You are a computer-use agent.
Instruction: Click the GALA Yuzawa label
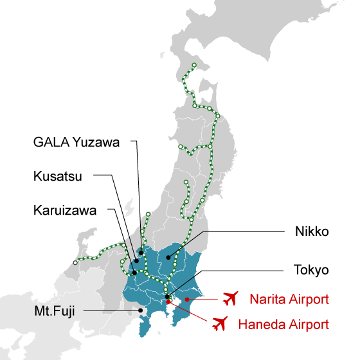(x=76, y=143)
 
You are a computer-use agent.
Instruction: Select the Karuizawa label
(x=66, y=210)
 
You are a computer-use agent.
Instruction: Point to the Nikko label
(x=311, y=231)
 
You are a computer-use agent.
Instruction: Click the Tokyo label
(x=311, y=269)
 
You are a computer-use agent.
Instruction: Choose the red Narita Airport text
(x=289, y=299)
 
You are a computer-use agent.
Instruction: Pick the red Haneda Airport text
(x=283, y=323)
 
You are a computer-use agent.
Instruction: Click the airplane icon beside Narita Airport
(x=230, y=298)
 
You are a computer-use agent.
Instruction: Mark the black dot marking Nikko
(x=169, y=258)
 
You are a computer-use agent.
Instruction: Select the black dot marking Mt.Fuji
(x=141, y=310)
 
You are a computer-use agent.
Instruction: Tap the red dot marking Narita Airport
(x=186, y=299)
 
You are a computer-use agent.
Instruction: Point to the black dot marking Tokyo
(x=167, y=296)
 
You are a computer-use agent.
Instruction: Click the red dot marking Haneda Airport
(x=168, y=301)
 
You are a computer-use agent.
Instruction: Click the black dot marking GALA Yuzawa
(x=141, y=253)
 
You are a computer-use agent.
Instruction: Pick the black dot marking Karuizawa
(x=134, y=273)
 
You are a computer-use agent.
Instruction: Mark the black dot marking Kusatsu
(x=136, y=262)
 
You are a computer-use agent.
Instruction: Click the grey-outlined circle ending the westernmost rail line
(x=75, y=262)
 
